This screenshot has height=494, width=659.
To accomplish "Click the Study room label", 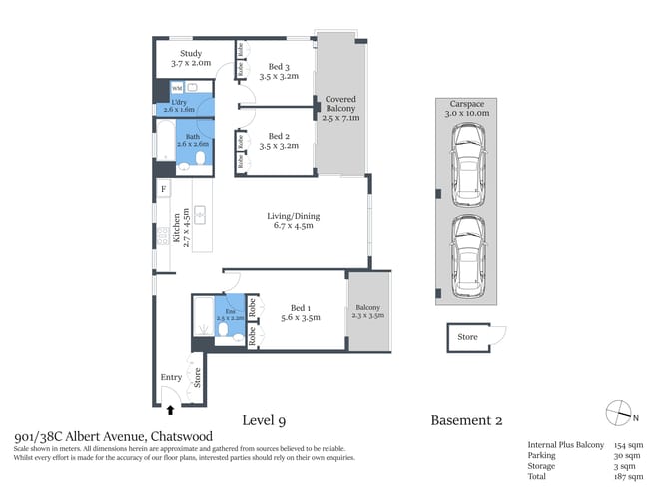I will coord(191,59).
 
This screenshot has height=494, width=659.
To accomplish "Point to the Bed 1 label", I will coord(300,313).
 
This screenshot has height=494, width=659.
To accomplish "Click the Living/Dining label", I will coord(293,221).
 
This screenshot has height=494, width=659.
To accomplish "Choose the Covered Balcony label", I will coord(339,108).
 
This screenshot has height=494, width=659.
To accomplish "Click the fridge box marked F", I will coord(163,188).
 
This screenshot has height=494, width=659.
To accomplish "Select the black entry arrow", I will coord(170,409).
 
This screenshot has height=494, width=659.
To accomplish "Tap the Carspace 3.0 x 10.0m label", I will coord(469,108).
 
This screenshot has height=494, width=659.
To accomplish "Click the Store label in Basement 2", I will coord(467,337).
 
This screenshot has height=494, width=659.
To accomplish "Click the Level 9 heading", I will coord(271,420).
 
